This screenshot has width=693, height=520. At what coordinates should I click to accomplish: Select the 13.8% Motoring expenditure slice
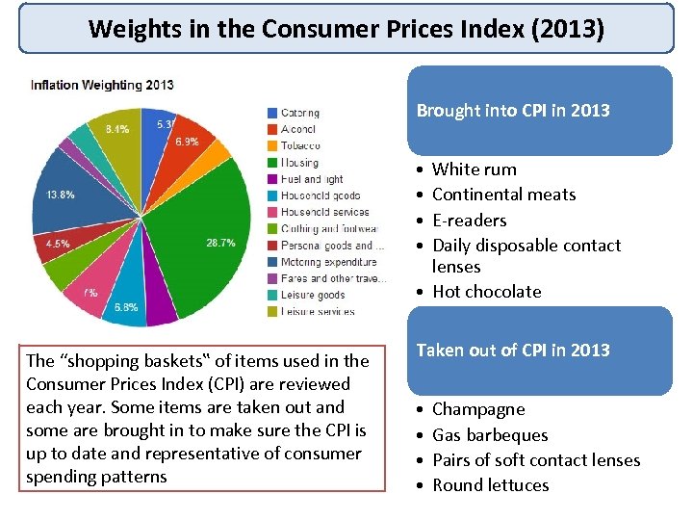coord(67,197)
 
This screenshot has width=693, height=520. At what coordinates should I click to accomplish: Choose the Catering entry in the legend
coord(299,113)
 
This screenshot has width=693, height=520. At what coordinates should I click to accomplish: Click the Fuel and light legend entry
coord(311,179)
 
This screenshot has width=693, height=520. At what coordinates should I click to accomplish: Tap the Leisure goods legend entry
coord(312,295)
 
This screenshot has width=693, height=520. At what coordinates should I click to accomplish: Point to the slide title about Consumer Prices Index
coord(346,29)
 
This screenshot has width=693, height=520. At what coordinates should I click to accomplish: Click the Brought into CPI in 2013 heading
coord(513,111)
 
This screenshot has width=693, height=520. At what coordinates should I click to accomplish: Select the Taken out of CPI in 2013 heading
coord(513,351)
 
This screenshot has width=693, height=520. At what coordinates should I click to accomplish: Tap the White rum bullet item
coord(474,169)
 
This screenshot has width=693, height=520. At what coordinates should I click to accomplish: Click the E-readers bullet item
coord(469,220)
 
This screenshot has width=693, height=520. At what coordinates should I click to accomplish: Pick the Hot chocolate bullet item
coord(486,292)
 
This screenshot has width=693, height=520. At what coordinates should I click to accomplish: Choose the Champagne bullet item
coord(478,409)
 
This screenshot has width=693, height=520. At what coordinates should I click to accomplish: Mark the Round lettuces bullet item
coord(490,485)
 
